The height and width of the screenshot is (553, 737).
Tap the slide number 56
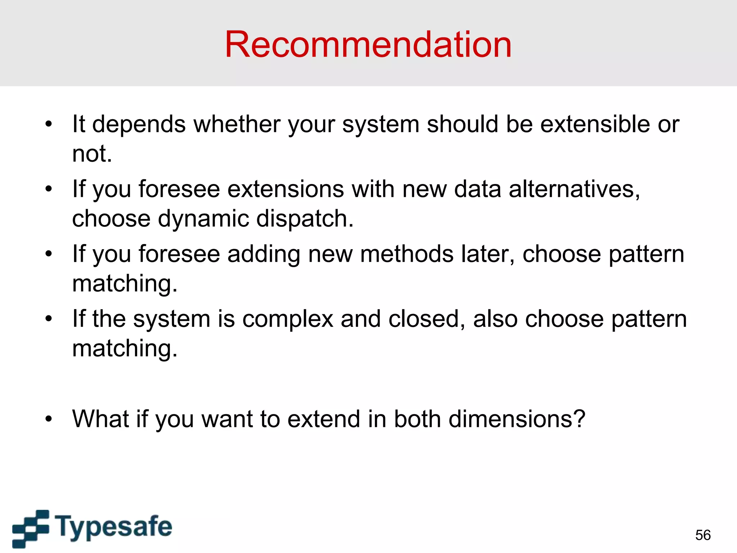[703, 535]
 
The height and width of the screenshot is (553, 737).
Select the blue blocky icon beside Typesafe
[31, 528]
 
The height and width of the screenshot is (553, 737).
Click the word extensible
[595, 124]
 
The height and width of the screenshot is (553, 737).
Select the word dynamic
[203, 219]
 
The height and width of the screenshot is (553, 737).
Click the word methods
[406, 254]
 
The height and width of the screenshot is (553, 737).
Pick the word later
[488, 254]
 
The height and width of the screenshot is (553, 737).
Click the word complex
[288, 319]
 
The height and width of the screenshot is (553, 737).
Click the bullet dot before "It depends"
[49, 124]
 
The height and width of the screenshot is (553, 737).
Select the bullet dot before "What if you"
[49, 419]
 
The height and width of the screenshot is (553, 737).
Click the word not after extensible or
[91, 154]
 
